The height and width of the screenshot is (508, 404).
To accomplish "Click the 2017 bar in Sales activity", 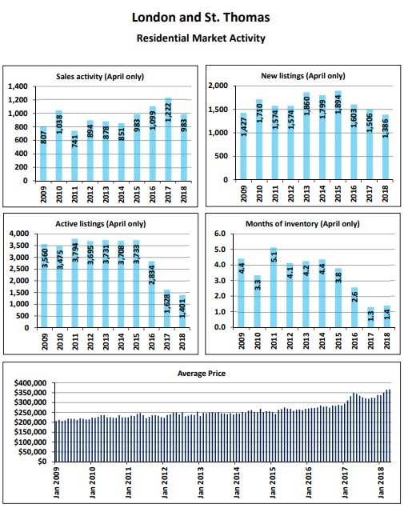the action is (x=168, y=139).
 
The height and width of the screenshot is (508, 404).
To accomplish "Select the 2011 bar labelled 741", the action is (x=74, y=155).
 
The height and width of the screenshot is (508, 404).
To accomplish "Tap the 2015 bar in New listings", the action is (x=338, y=135).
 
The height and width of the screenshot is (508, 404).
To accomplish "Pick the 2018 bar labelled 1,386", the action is (x=385, y=146).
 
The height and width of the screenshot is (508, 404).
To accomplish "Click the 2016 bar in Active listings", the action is (x=152, y=294).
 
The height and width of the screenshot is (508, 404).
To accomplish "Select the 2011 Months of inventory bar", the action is (x=274, y=287).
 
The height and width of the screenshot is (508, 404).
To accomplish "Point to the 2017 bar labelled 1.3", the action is (x=370, y=317).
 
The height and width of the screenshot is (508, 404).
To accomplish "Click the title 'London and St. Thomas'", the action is (x=201, y=18).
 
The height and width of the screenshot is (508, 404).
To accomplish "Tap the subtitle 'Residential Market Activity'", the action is (x=201, y=38).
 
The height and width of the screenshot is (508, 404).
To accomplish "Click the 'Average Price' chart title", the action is (x=202, y=374).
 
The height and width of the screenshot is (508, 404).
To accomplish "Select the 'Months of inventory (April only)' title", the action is (x=302, y=224).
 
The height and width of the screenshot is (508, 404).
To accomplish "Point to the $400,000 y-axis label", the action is (x=32, y=383).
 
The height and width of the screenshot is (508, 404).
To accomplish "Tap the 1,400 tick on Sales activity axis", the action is (x=18, y=86).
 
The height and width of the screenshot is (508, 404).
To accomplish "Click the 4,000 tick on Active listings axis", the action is (x=19, y=234).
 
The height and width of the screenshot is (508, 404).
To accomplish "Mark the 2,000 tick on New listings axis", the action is (x=218, y=86).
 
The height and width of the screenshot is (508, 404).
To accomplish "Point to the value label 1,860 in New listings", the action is (x=306, y=106).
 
